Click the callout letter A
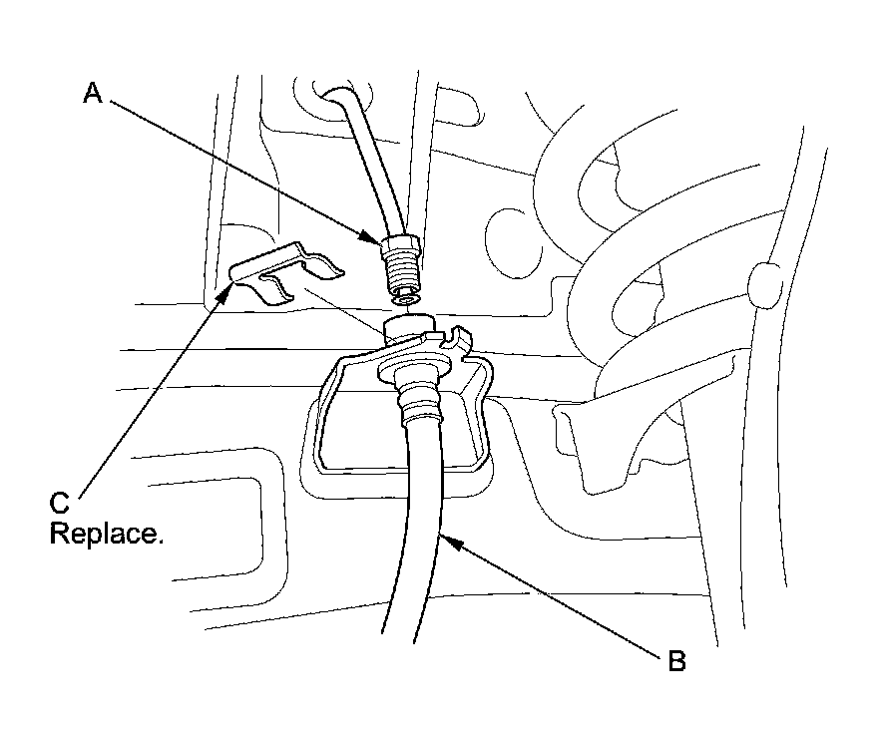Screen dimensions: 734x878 pos(92,93)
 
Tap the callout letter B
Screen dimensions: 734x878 pos(675,660)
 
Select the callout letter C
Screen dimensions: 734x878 pos(60,502)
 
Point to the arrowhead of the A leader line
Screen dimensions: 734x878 pos(380,239)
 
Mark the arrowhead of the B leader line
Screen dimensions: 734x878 pos(443,538)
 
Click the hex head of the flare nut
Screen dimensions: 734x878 pos(401,245)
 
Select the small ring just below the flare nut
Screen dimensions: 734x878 pos(405,297)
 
